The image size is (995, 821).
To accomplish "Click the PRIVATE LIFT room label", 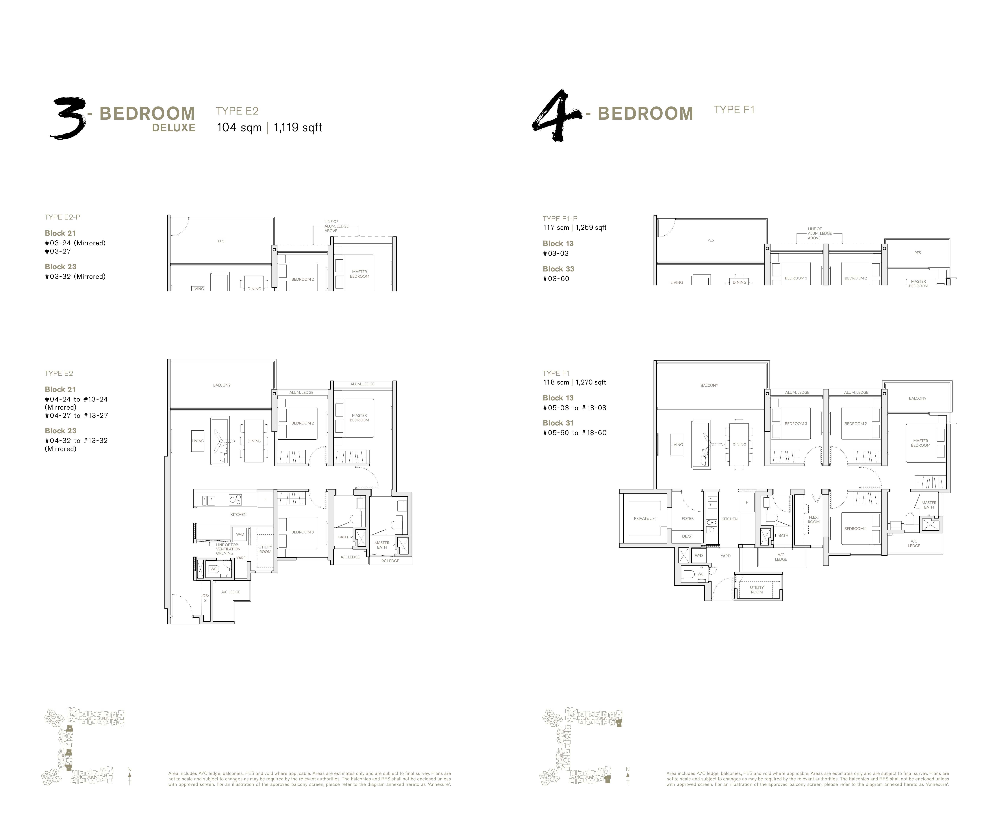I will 645,518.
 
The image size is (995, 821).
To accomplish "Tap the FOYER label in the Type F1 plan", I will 687,518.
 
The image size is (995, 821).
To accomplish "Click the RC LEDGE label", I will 390,561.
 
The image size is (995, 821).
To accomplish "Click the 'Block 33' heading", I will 558,269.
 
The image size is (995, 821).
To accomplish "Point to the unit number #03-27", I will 58,251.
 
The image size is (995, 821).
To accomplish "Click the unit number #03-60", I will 556,279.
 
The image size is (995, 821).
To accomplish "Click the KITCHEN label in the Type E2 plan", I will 238,514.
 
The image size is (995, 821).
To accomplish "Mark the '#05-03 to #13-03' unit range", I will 574,408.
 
